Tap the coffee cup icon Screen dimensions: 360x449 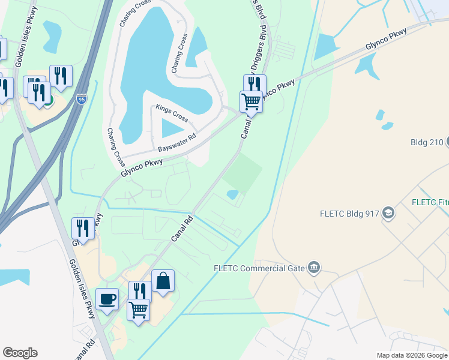[x=107, y=299]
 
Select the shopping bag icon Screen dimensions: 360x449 [x=163, y=281]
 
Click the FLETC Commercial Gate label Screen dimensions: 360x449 [x=262, y=268]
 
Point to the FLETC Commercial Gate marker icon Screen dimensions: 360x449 [x=313, y=268]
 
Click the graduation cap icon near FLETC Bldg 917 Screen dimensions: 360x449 [x=389, y=212]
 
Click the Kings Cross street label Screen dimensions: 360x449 [x=172, y=113]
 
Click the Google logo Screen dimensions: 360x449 [x=20, y=353]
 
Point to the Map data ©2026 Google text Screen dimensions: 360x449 [x=412, y=355]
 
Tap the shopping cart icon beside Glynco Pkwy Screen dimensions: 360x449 [x=251, y=101]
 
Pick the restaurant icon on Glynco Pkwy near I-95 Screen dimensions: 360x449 [x=82, y=228]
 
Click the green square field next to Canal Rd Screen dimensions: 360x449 [x=243, y=172]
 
